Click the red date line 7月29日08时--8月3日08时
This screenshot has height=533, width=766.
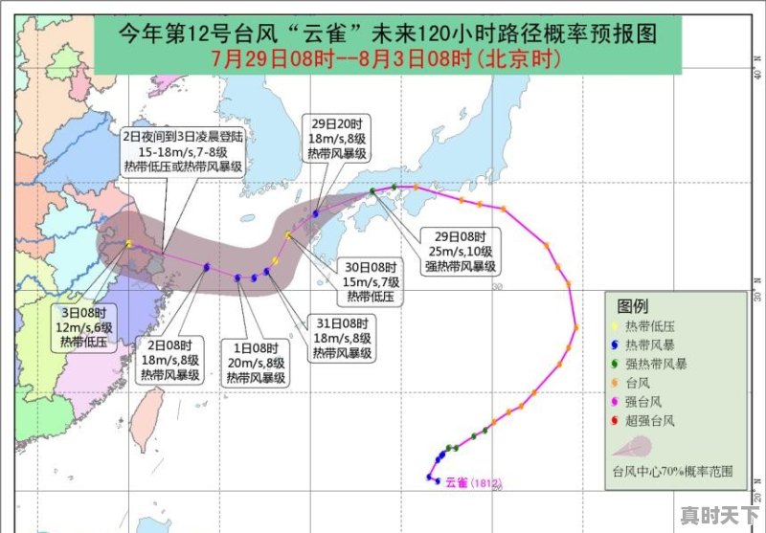(x=387, y=58)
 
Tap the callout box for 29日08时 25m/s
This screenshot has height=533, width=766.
(x=462, y=251)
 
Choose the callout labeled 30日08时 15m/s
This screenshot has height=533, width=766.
(x=372, y=281)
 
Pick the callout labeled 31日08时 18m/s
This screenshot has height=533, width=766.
(x=342, y=339)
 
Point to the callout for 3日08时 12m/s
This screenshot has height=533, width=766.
(x=85, y=326)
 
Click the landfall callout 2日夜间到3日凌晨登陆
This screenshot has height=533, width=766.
(x=183, y=151)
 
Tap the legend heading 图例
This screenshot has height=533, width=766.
(x=633, y=307)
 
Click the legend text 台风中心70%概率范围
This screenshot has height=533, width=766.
(x=673, y=471)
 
